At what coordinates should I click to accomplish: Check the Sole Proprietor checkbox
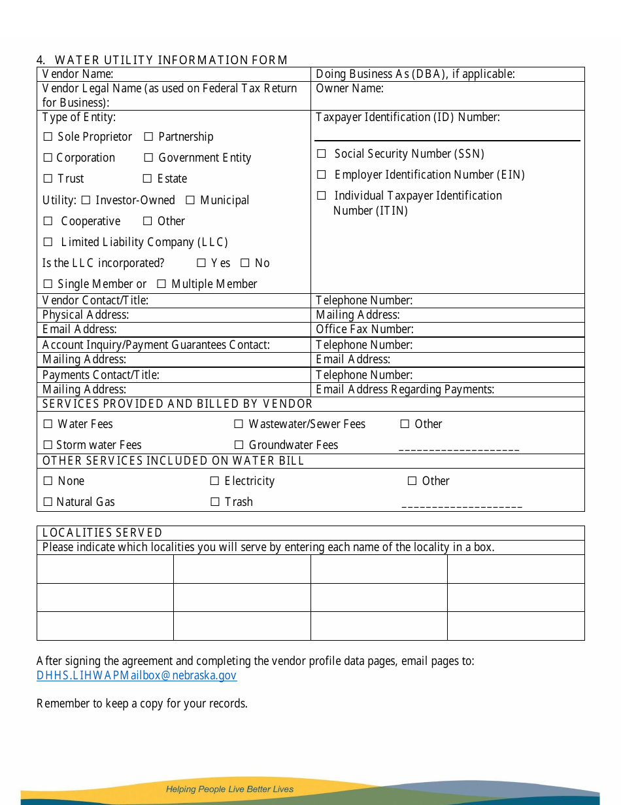coord(48,137)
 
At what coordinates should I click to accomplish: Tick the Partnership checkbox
coord(148,137)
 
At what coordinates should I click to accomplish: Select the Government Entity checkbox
coord(148,158)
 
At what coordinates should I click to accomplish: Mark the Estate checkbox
coord(148,179)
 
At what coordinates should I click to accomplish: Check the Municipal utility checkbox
coord(190,200)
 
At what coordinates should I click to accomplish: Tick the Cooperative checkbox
coord(48,222)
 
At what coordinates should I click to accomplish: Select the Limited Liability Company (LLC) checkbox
coord(48,243)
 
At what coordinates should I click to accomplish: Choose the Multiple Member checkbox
coord(161,285)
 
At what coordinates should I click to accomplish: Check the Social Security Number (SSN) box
coord(322,154)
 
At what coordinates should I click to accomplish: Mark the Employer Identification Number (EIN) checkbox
coord(322,175)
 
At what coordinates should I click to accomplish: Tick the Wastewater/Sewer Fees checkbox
coord(239,425)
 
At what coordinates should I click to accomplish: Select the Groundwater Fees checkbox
coord(239,446)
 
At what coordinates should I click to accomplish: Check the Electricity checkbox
coord(214,482)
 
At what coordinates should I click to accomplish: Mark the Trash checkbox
coord(215,503)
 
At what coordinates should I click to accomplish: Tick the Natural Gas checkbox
coord(48,503)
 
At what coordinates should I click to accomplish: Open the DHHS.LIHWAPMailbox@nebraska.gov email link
coord(137,675)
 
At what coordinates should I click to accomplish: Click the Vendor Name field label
coord(78,75)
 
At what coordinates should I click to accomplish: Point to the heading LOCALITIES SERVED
coord(102,533)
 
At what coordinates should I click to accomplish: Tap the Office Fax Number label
coord(365,329)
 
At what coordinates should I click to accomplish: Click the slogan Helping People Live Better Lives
coord(229,789)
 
